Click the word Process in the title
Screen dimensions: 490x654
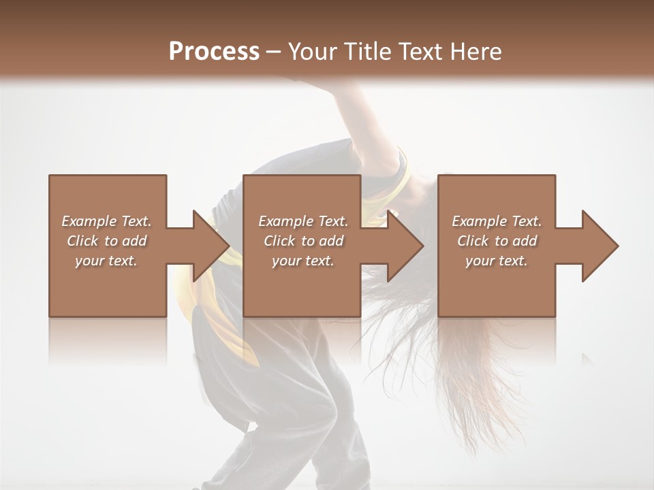214,52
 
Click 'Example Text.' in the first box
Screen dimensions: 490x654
106,221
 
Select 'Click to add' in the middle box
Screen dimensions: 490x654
303,241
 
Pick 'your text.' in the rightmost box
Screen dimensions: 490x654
496,261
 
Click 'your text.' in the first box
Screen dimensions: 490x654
106,261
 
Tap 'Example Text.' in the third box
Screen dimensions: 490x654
496,221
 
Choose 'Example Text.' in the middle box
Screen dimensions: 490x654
303,221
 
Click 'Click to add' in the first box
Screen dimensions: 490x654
106,241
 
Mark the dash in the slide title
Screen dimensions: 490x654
274,52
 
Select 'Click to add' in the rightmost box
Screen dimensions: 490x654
496,241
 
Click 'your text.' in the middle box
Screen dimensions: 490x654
303,261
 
